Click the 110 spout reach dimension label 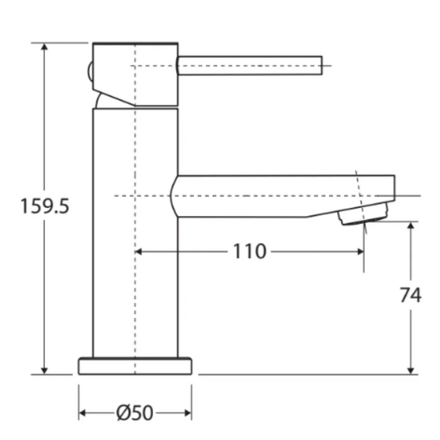click(249, 252)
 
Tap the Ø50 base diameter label click(135, 413)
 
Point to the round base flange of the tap click(135, 366)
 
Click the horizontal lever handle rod click(248, 65)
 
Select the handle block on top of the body click(135, 74)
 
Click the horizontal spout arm click(280, 196)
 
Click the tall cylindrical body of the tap click(135, 273)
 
